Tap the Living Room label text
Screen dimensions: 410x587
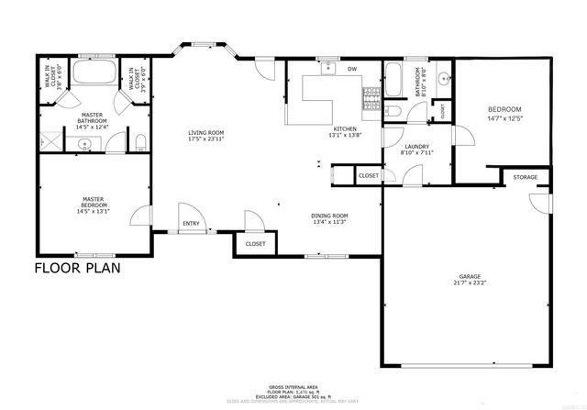[206, 133]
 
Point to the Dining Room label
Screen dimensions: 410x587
[330, 216]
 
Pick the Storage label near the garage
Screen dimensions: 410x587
[525, 177]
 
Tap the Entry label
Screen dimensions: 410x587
[191, 223]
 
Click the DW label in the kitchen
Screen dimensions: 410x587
[351, 69]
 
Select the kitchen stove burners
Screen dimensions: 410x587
[371, 98]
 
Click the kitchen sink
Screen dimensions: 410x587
[327, 68]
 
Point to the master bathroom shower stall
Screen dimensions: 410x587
[47, 142]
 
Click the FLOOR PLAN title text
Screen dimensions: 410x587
[77, 269]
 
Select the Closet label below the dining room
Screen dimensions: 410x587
[255, 244]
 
